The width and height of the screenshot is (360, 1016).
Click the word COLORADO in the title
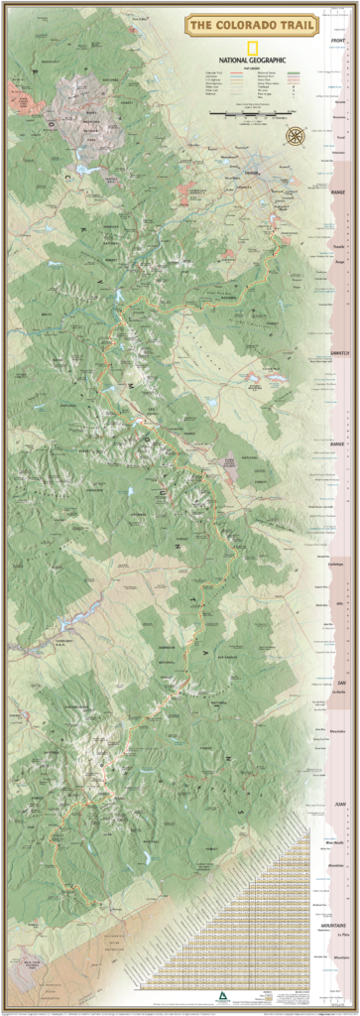click(256, 24)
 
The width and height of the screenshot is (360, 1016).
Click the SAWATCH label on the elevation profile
click(338, 352)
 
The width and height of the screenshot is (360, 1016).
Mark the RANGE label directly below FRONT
click(338, 195)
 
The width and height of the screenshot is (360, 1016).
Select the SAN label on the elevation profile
click(339, 684)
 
